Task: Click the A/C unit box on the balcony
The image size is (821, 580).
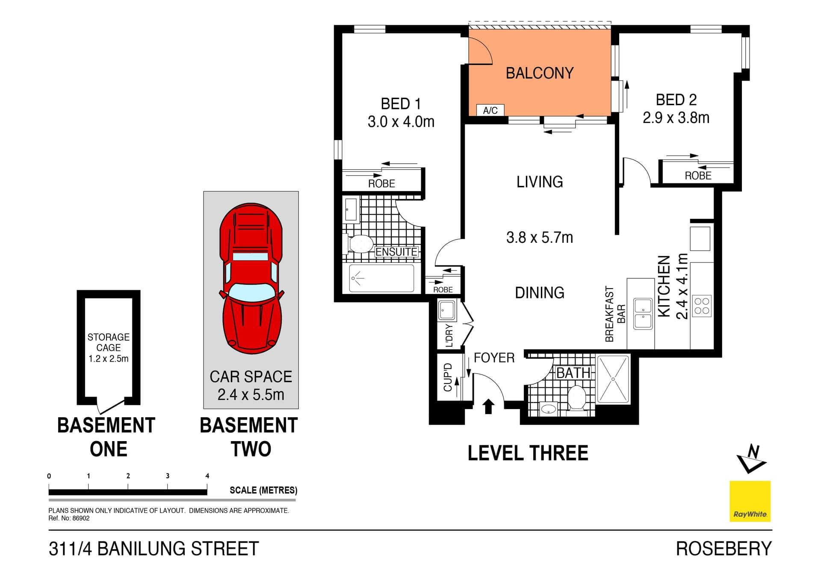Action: click(x=490, y=110)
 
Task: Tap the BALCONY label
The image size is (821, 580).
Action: click(x=539, y=73)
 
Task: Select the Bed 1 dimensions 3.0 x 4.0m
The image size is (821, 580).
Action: click(x=401, y=122)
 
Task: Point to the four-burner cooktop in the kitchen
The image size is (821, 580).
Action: click(x=702, y=306)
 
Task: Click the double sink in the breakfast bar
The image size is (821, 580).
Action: click(x=643, y=314)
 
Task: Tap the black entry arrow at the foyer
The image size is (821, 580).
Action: click(x=488, y=406)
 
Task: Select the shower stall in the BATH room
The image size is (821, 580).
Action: click(x=613, y=379)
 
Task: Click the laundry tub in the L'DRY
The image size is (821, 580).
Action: click(x=447, y=310)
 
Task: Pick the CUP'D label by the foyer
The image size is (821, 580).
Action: click(x=448, y=377)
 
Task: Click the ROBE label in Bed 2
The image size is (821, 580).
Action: click(x=698, y=176)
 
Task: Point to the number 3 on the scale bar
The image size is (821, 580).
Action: click(x=168, y=476)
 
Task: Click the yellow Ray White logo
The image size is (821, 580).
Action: click(x=750, y=501)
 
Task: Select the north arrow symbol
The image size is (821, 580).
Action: click(x=751, y=459)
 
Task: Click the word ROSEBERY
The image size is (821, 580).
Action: click(x=724, y=549)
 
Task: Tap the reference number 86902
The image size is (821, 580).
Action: click(x=81, y=518)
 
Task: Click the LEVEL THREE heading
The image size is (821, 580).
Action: click(x=528, y=453)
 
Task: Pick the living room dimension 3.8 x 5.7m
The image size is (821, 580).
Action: click(x=539, y=238)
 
